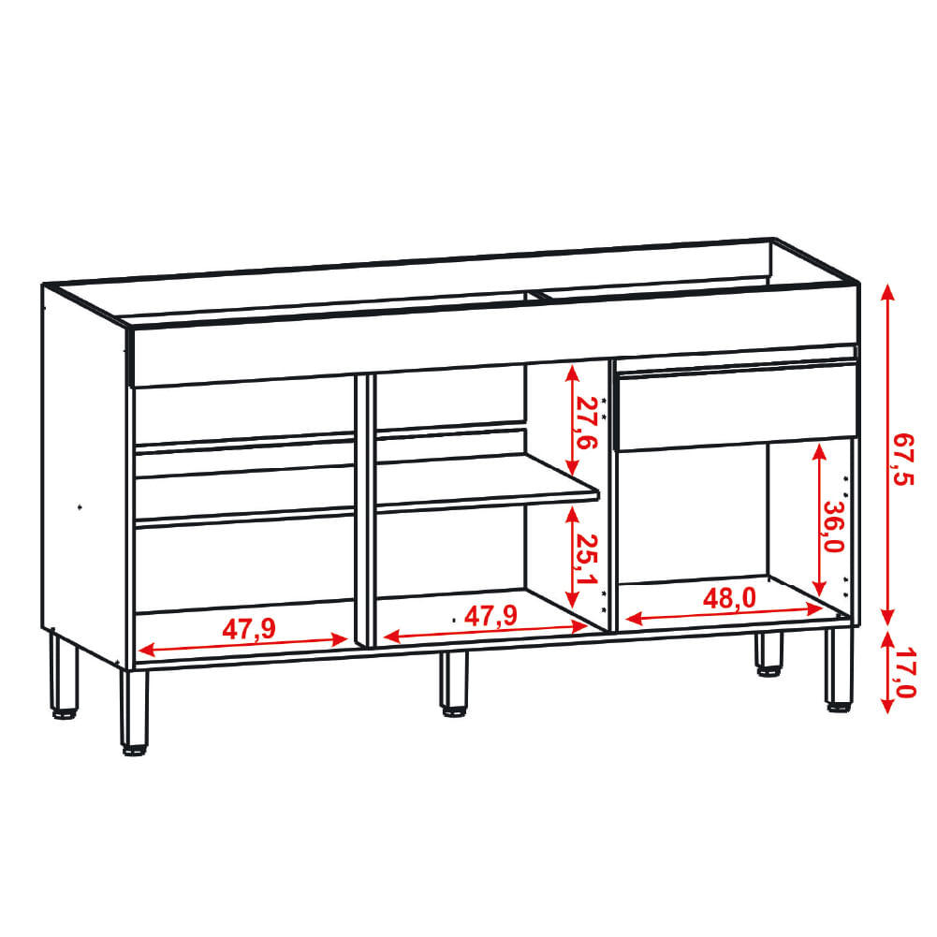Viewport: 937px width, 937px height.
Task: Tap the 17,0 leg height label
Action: click(x=905, y=672)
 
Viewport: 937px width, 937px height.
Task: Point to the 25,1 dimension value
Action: click(x=586, y=560)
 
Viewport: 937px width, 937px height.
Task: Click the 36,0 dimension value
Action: click(x=833, y=525)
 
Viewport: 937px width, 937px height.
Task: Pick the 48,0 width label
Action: click(x=729, y=598)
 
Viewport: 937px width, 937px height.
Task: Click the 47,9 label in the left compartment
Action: click(x=249, y=629)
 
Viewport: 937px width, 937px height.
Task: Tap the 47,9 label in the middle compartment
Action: click(x=491, y=616)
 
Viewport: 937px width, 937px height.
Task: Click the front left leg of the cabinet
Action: click(x=134, y=711)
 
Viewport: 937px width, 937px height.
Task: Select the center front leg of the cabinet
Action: click(x=455, y=682)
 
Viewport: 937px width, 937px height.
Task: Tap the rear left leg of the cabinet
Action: click(x=64, y=675)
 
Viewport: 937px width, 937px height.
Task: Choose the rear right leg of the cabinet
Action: click(x=769, y=653)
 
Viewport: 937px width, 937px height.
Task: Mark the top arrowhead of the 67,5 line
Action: click(x=887, y=293)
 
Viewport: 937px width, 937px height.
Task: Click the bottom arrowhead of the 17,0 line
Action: click(x=887, y=705)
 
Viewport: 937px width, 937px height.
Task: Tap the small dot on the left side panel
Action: click(x=81, y=507)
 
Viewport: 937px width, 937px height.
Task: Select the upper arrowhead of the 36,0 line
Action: click(x=819, y=450)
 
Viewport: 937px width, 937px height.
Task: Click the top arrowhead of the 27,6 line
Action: click(x=573, y=373)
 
